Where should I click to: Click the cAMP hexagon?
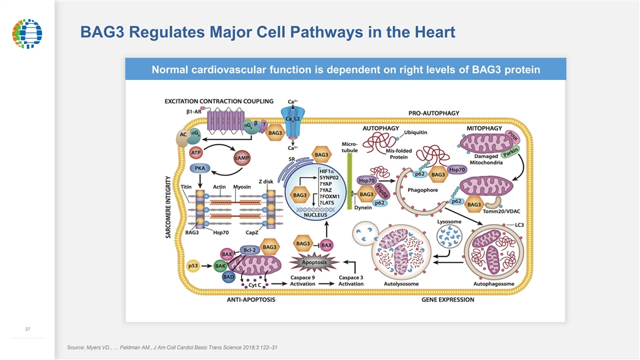click(242, 158)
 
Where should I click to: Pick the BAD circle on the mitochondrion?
click(228, 276)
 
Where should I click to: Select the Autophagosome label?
click(493, 283)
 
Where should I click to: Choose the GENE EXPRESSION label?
click(447, 299)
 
